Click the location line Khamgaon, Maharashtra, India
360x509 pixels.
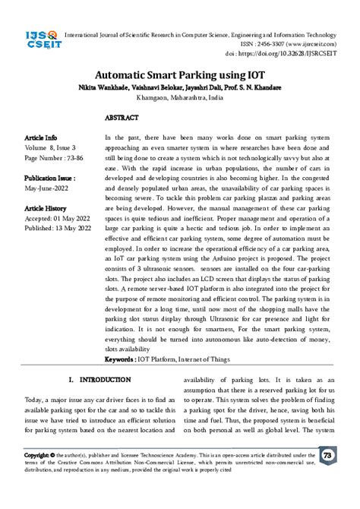point(180,99)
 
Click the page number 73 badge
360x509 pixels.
point(328,456)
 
